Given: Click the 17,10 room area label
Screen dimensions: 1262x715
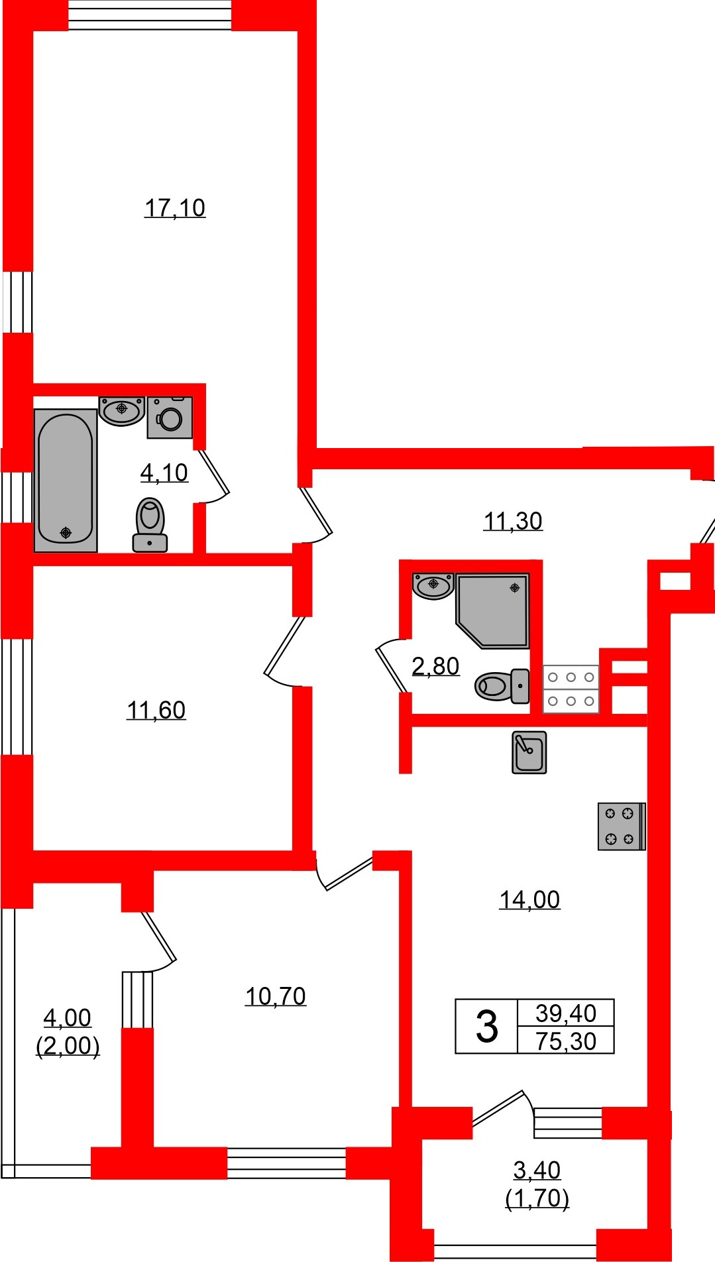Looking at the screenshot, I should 175,208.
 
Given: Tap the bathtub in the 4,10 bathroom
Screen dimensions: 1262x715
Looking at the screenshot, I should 66,480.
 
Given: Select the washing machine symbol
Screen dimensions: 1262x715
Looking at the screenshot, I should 170,418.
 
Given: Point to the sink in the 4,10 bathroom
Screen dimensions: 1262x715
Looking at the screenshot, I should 122,410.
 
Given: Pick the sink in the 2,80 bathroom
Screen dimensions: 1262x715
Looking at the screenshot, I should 433,585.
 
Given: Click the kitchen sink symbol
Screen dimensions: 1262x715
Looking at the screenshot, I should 529,752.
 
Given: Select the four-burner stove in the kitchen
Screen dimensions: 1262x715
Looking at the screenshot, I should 621,826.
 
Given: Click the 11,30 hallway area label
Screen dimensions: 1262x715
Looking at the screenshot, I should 513,522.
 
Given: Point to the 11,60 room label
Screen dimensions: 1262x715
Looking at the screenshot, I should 156,711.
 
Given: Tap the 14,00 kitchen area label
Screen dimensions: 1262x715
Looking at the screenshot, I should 529,899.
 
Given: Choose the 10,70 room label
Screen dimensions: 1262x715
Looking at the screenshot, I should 276,996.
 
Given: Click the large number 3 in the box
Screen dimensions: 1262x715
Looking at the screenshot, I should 486,1027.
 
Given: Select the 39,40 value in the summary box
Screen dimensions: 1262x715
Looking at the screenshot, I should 566,1013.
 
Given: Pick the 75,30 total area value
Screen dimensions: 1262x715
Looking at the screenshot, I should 566,1041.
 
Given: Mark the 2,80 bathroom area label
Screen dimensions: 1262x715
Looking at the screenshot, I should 435,666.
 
